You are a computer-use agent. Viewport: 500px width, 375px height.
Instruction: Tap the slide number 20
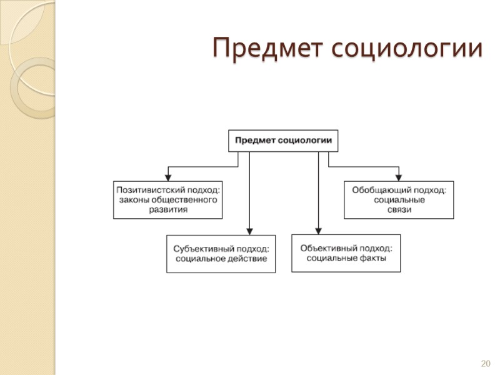[486, 363]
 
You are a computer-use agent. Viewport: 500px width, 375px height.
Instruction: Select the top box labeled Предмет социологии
[283, 140]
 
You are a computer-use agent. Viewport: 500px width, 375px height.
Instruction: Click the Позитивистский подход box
[167, 199]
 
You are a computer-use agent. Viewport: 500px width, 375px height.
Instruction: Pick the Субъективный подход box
[221, 253]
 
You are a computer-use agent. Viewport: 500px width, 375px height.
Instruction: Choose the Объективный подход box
[346, 252]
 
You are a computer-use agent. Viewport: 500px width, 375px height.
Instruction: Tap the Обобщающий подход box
[399, 199]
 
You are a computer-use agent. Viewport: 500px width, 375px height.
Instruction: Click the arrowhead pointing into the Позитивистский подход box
[167, 177]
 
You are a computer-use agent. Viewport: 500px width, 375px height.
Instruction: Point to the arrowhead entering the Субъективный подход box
[249, 231]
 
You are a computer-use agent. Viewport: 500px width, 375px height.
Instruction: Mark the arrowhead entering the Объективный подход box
[318, 230]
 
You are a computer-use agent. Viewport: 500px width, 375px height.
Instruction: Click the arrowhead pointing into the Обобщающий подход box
[399, 177]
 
